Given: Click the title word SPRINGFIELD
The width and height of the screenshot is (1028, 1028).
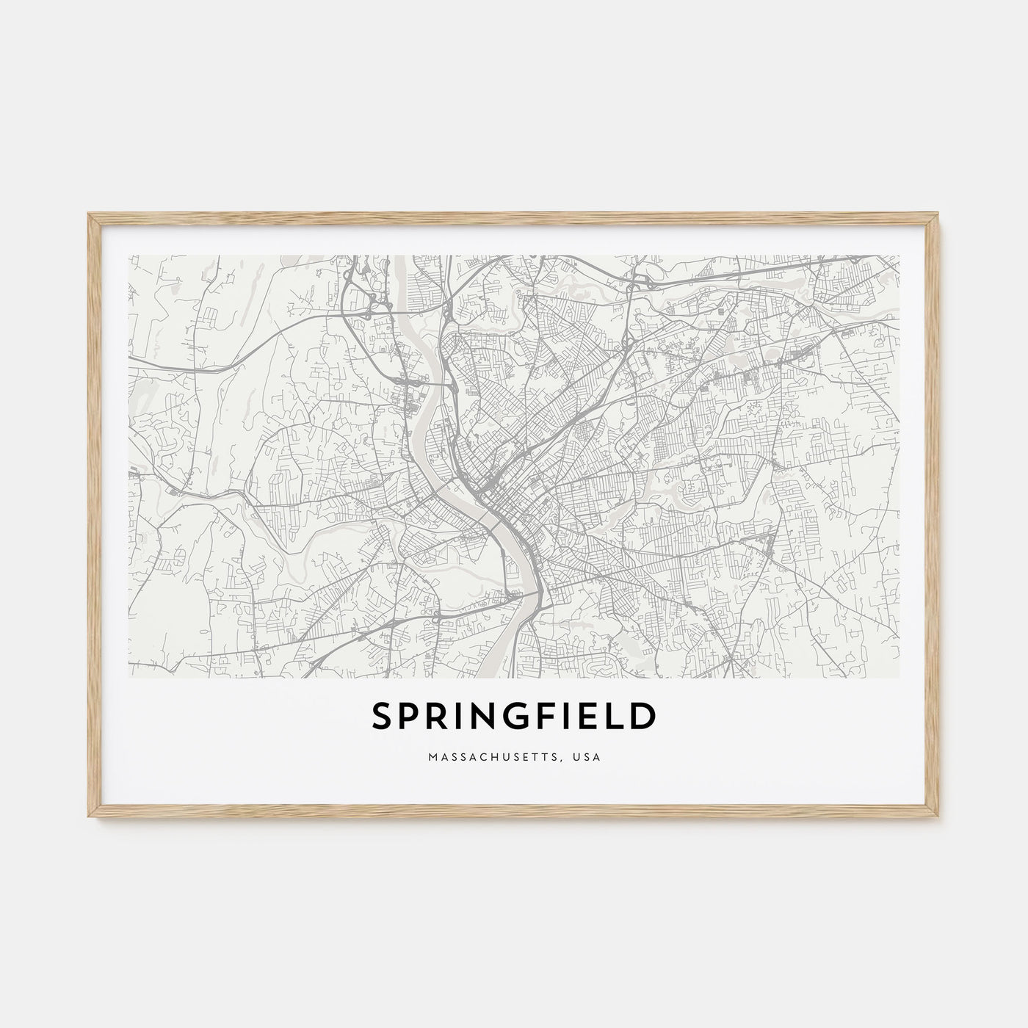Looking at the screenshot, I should coord(513,717).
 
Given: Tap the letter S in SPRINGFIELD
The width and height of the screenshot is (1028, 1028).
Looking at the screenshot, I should coord(385,717).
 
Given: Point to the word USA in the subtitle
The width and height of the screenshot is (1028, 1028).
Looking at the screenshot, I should coord(588,756).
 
